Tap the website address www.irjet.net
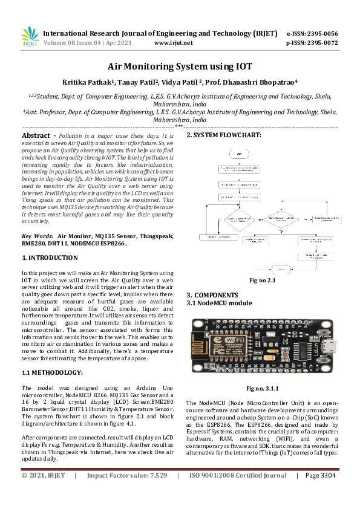click(174, 43)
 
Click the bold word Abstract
click(36, 136)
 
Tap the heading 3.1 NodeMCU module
click(219, 302)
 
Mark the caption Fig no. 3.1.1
click(261, 390)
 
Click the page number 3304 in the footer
click(326, 493)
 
